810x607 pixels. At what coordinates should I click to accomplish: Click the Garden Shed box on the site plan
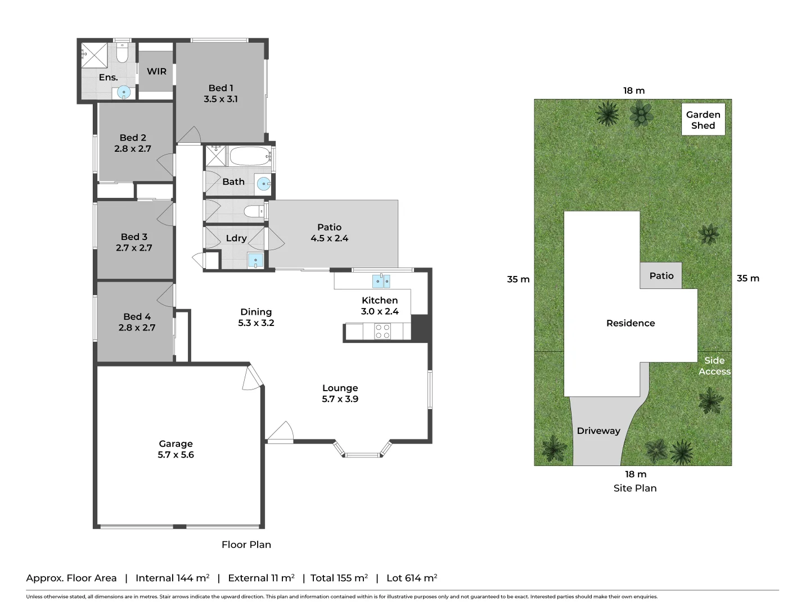tap(703, 119)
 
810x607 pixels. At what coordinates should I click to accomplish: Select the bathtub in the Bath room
tap(249, 156)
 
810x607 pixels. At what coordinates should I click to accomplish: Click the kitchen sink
tap(381, 281)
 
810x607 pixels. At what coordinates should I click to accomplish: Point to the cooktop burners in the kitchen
tap(382, 332)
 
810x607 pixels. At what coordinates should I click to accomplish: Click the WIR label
tap(156, 71)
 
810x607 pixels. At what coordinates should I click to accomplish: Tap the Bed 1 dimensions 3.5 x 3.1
tap(220, 99)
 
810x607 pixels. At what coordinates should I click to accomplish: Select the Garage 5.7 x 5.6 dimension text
tap(175, 455)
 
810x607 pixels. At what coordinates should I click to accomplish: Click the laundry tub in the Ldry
tap(255, 260)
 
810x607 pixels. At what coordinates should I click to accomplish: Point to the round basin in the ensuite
tap(124, 92)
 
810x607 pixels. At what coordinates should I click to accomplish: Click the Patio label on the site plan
tap(661, 275)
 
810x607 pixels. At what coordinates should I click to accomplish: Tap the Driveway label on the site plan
tap(598, 431)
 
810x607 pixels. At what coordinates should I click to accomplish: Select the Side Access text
tap(714, 366)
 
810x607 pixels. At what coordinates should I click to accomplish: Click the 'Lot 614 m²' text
tap(412, 578)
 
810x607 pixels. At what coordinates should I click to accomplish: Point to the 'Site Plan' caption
tap(635, 488)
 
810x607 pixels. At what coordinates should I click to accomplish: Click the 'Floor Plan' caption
tap(246, 545)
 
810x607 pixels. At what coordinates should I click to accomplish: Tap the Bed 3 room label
tap(134, 237)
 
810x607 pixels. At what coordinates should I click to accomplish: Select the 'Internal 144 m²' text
tap(172, 578)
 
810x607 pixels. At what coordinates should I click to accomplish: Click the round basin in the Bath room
tap(263, 183)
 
